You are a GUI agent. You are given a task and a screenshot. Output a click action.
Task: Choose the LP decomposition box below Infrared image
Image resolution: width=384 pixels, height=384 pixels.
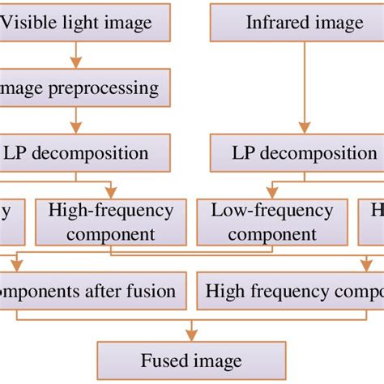tap(297, 153)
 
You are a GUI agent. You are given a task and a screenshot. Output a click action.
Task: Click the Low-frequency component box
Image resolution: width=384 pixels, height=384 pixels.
tap(272, 223)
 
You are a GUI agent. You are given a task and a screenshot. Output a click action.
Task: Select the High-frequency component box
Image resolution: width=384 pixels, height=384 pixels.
tap(110, 223)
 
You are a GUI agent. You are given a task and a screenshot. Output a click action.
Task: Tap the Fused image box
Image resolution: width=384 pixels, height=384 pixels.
tap(191, 361)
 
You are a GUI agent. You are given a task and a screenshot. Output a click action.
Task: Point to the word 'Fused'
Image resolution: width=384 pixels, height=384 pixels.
tap(164, 361)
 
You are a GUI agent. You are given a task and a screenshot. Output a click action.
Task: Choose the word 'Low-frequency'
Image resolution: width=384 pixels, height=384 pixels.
tap(272, 211)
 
